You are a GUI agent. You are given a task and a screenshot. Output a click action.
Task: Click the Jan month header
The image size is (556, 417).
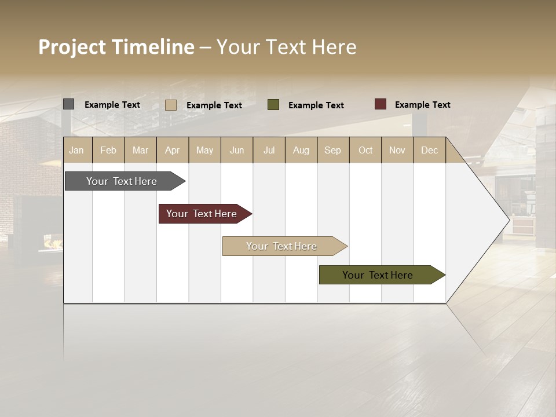tap(76, 150)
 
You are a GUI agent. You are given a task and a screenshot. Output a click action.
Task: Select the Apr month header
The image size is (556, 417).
tap(173, 150)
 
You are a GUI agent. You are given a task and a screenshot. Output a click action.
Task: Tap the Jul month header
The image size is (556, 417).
tap(269, 150)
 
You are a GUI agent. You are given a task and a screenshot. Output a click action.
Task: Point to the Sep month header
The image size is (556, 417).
tap(333, 150)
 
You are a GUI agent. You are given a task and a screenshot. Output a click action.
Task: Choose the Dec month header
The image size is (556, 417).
tap(429, 150)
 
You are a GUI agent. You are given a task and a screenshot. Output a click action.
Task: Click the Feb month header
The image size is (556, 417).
tap(108, 150)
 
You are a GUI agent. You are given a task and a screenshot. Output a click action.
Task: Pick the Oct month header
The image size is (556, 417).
tap(365, 150)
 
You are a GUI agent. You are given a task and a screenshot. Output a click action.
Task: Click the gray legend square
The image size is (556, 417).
tap(69, 104)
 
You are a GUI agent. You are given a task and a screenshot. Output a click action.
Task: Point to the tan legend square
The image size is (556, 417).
tap(171, 105)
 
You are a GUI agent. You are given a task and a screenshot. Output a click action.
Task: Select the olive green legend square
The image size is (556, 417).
tap(273, 105)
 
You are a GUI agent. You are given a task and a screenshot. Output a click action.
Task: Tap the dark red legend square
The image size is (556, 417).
tap(381, 104)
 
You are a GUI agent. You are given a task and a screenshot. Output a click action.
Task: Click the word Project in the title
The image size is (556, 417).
tap(71, 47)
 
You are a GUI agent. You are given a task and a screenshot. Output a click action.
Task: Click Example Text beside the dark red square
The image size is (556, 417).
tap(422, 105)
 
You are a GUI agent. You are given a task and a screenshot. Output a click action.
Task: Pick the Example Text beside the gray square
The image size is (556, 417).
tap(112, 105)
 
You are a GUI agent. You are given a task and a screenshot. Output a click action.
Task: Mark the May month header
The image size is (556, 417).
tap(204, 150)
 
